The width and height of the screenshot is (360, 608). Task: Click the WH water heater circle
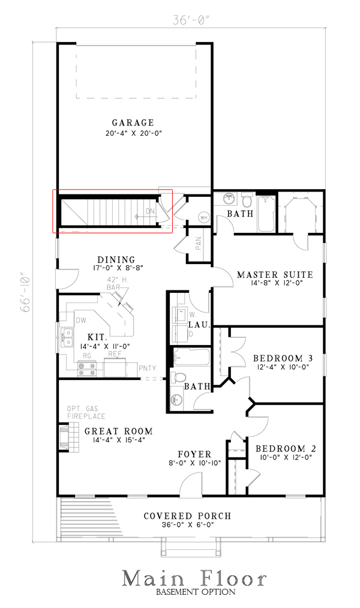click(x=203, y=217)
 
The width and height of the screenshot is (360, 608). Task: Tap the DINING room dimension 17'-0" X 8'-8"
click(x=118, y=268)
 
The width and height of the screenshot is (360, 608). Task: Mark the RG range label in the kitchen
click(x=86, y=355)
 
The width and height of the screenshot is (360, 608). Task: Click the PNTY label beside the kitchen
click(x=147, y=367)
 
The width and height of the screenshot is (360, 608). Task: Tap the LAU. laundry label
click(x=201, y=325)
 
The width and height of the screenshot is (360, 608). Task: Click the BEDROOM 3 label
click(x=281, y=357)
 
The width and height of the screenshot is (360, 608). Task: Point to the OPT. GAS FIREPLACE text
click(x=86, y=412)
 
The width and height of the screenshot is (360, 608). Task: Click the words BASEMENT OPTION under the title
click(x=195, y=592)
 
